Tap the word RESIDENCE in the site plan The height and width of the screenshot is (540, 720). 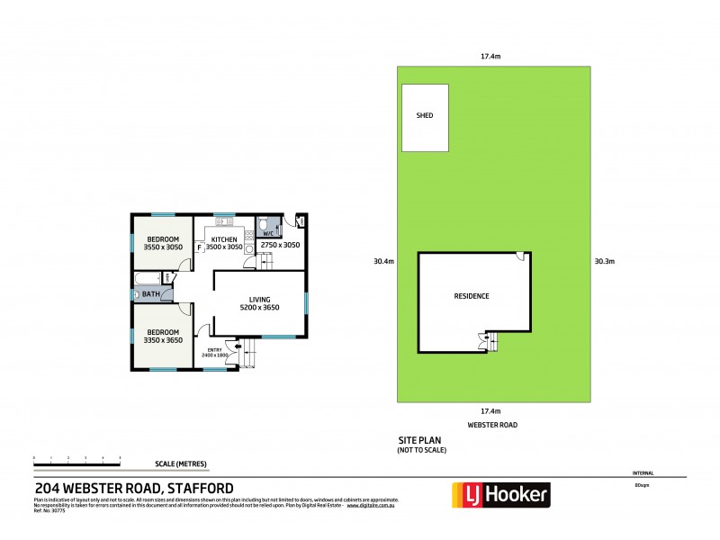[471, 296]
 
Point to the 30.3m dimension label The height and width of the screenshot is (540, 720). [604, 262]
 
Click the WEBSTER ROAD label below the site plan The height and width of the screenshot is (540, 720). [492, 424]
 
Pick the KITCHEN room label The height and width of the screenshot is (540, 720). [224, 239]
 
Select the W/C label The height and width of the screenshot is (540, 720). [269, 234]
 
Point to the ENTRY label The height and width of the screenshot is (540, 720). [214, 350]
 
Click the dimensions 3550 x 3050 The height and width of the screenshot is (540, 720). [164, 247]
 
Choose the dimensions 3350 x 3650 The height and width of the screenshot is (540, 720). [164, 341]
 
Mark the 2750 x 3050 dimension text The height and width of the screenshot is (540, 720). [280, 245]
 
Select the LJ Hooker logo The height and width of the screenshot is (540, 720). [499, 495]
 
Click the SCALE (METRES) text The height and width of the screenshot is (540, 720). [180, 463]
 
